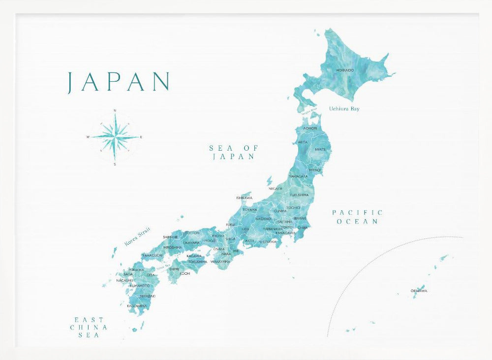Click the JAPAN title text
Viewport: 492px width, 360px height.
118,82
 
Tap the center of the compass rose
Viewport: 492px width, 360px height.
115,136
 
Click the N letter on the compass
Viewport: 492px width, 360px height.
115,110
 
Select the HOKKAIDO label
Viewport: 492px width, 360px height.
345,70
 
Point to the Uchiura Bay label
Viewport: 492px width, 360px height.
344,108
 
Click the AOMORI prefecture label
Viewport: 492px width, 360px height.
310,128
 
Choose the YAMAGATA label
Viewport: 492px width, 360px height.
299,176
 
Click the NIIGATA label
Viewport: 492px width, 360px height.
276,188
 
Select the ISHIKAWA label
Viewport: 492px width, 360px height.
245,198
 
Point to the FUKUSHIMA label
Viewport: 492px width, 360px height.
299,195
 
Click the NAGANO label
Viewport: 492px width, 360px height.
263,218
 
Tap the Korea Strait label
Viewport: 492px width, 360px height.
137,236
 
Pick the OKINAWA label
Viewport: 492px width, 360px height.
419,291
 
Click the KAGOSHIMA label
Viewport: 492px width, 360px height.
137,306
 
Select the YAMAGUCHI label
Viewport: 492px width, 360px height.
152,255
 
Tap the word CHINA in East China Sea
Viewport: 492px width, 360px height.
89,327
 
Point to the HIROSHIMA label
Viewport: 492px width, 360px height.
173,247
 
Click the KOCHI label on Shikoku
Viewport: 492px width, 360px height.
185,273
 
